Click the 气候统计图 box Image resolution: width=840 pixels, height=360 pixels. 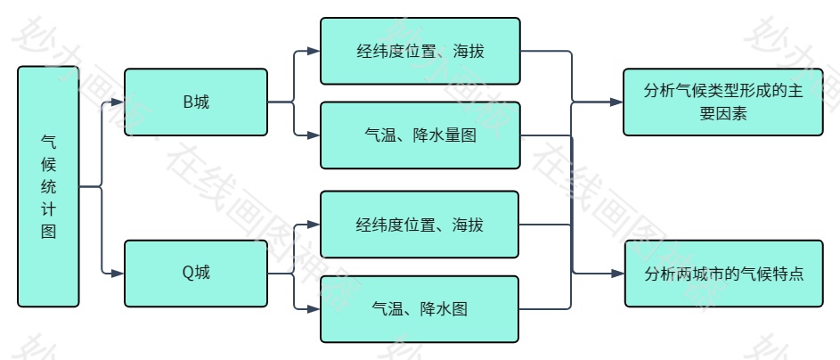pos(48,186)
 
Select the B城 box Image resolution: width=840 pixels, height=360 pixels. pos(196,102)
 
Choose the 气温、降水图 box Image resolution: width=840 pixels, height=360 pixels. pos(420,309)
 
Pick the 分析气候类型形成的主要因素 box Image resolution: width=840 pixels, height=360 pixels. pos(722,102)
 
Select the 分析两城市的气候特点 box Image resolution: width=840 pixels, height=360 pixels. pos(722,274)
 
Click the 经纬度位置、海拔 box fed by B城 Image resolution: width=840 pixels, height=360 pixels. pos(420,51)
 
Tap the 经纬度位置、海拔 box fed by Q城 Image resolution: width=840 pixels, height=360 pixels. pos(420,225)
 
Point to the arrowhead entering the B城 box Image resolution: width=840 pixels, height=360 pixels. pos(118,102)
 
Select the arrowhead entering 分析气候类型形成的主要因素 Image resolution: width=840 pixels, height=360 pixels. pos(617,102)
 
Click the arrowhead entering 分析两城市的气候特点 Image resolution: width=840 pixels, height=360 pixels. pos(619,274)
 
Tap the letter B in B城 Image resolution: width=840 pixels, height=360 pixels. pos(187,102)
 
